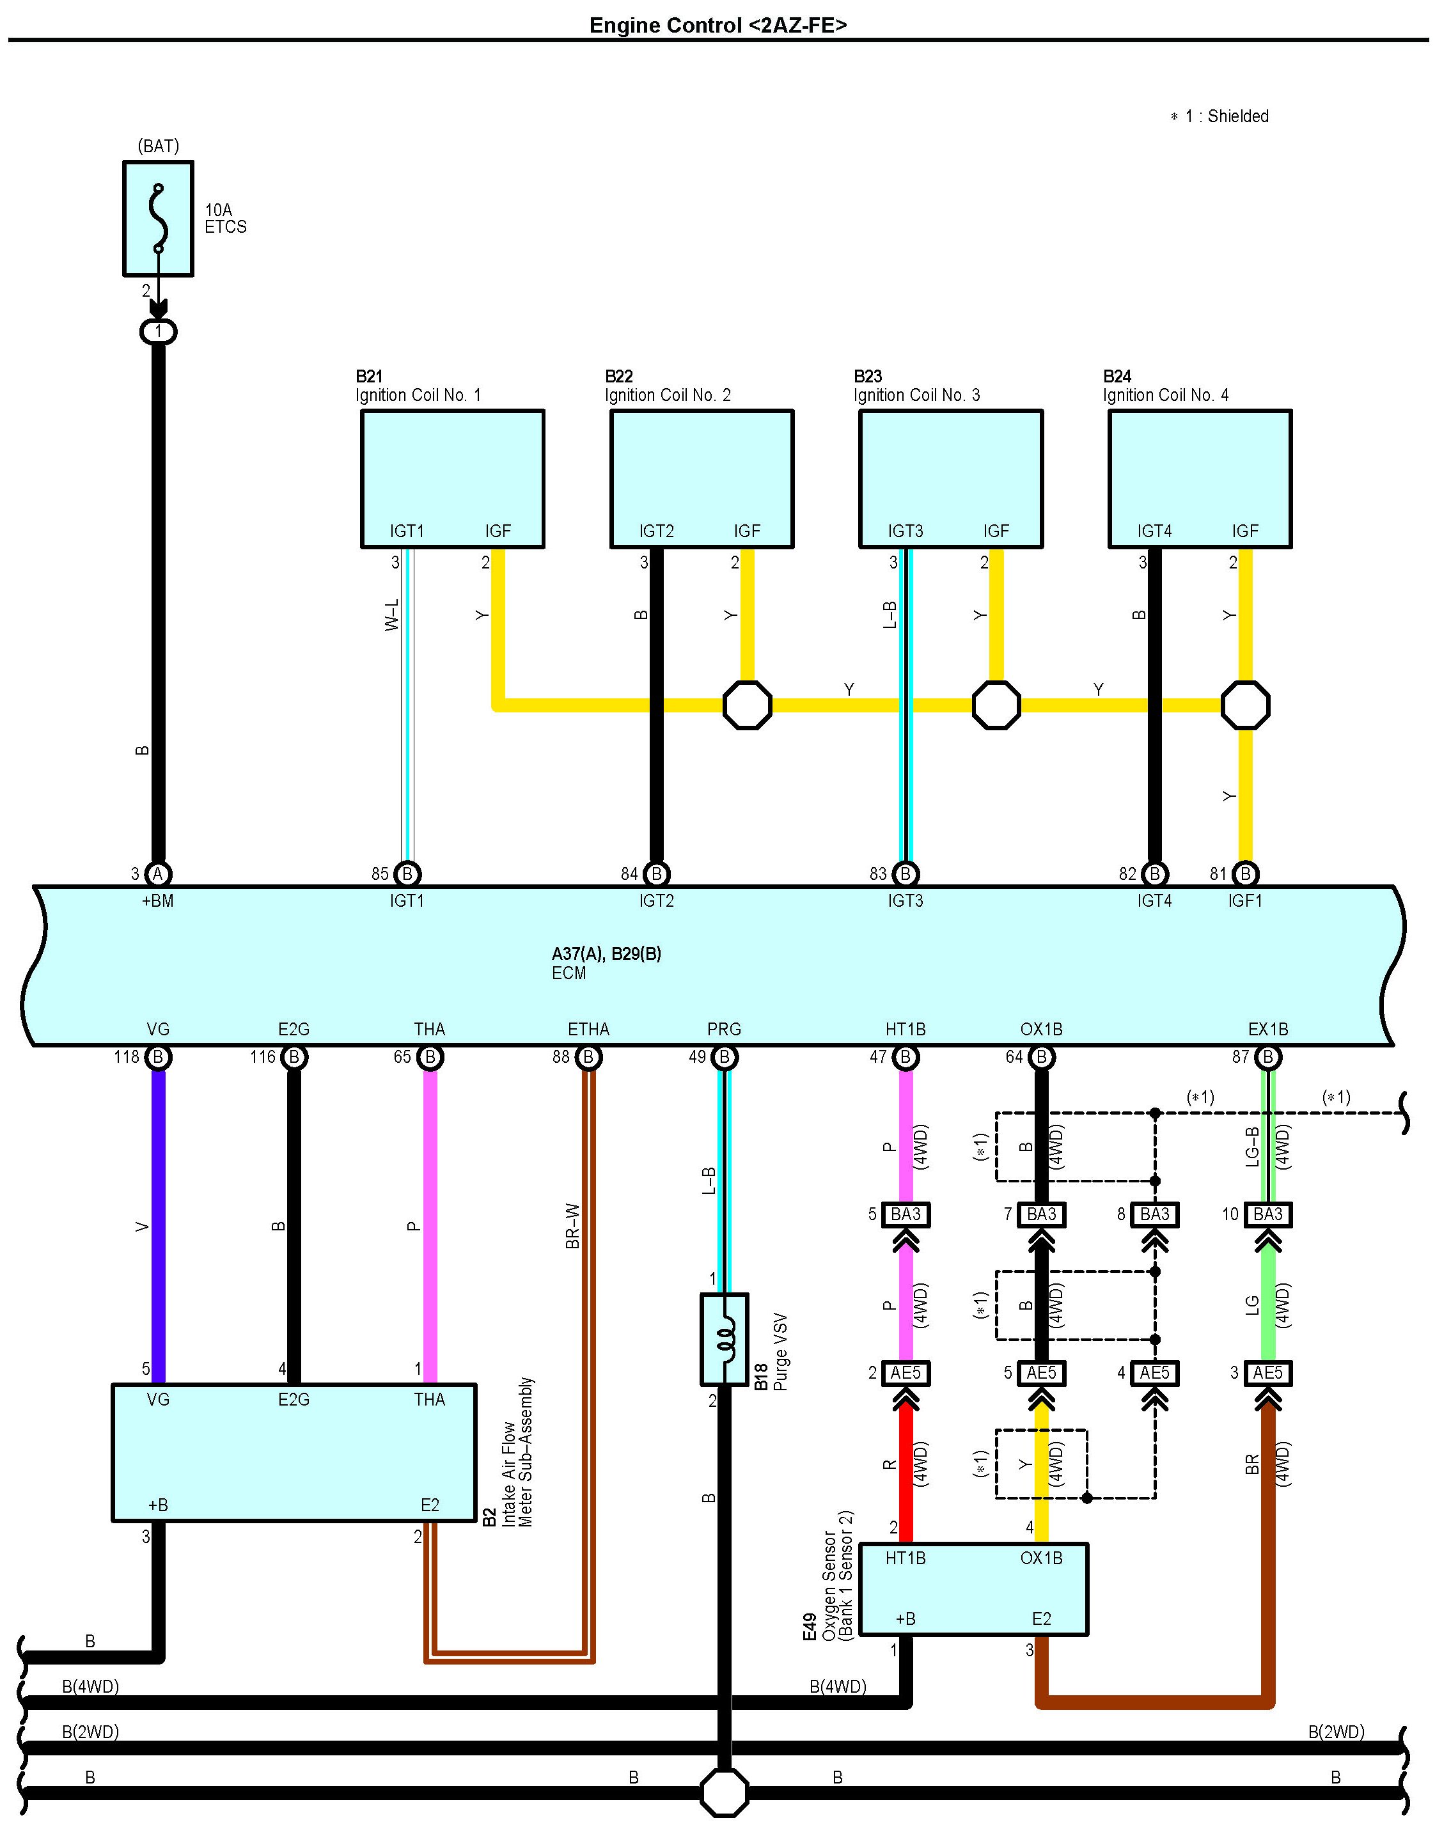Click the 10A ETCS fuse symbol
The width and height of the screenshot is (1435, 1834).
click(158, 219)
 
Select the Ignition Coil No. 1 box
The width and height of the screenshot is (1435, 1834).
click(452, 478)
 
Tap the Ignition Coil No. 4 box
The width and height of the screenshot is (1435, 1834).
click(1199, 478)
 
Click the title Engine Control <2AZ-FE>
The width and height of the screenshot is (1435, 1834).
click(717, 25)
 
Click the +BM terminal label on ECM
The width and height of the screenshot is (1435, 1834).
click(158, 900)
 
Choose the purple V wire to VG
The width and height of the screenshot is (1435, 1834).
click(158, 1227)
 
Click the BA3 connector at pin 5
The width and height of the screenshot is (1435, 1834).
click(906, 1214)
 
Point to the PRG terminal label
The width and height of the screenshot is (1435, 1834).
click(725, 1029)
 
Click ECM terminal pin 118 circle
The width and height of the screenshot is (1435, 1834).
click(158, 1057)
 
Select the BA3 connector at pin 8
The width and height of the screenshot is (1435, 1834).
click(1154, 1214)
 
